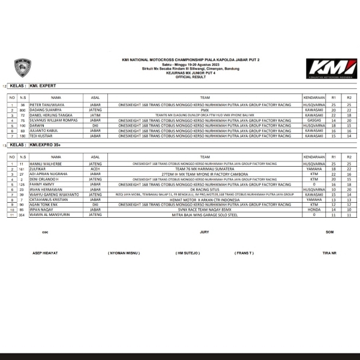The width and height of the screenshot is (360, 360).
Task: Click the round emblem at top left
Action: coord(23,68)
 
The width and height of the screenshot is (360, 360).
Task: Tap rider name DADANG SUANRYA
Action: coord(45,110)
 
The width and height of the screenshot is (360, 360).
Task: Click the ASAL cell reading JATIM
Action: coord(95,115)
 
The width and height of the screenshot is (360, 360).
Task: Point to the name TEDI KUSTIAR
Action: coord(42,136)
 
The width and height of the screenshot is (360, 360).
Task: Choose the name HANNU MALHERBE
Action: coord(45,163)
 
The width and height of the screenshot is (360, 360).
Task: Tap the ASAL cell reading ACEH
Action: coord(95,169)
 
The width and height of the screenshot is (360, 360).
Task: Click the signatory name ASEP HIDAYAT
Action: coord(45,253)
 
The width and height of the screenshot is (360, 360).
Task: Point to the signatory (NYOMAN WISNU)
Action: coord(127,253)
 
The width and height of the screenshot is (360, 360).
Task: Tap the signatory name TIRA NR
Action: coord(329,253)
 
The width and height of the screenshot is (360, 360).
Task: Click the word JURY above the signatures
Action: coord(204,232)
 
